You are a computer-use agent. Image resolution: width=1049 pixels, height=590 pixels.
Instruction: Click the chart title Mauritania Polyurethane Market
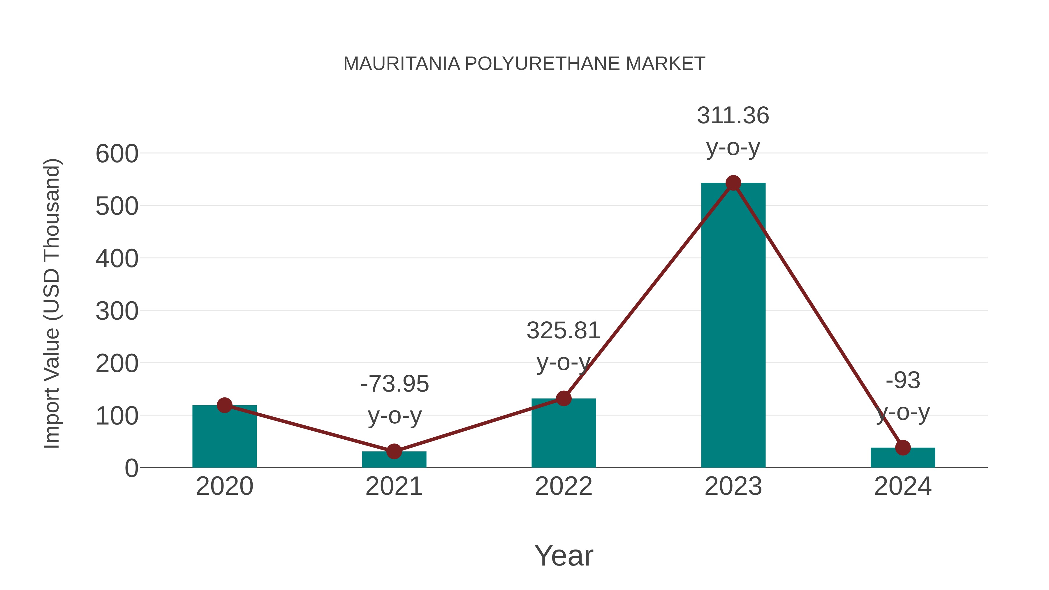point(524,64)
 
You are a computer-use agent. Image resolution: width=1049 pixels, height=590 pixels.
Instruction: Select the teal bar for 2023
point(733,326)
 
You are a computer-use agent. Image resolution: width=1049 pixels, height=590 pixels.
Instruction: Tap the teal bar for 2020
point(224,438)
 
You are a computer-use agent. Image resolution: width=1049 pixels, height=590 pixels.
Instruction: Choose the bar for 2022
point(564,434)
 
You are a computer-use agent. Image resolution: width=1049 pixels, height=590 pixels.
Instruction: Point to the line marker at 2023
point(733,183)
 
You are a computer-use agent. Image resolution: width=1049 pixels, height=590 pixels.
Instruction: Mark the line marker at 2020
point(224,405)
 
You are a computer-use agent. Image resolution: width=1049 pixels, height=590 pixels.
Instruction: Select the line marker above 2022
point(564,399)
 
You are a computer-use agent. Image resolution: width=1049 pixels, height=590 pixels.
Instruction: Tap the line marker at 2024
point(903,448)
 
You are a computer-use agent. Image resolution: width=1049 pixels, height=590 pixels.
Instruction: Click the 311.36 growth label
point(733,116)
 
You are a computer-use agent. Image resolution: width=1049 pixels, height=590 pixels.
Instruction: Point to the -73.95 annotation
point(395,384)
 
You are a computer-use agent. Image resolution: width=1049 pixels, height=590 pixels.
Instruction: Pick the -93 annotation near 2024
point(903,381)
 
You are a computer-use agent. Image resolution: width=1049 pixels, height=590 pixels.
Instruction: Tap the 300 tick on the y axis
point(117,311)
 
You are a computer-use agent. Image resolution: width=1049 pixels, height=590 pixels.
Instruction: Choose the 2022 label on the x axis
point(564,487)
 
